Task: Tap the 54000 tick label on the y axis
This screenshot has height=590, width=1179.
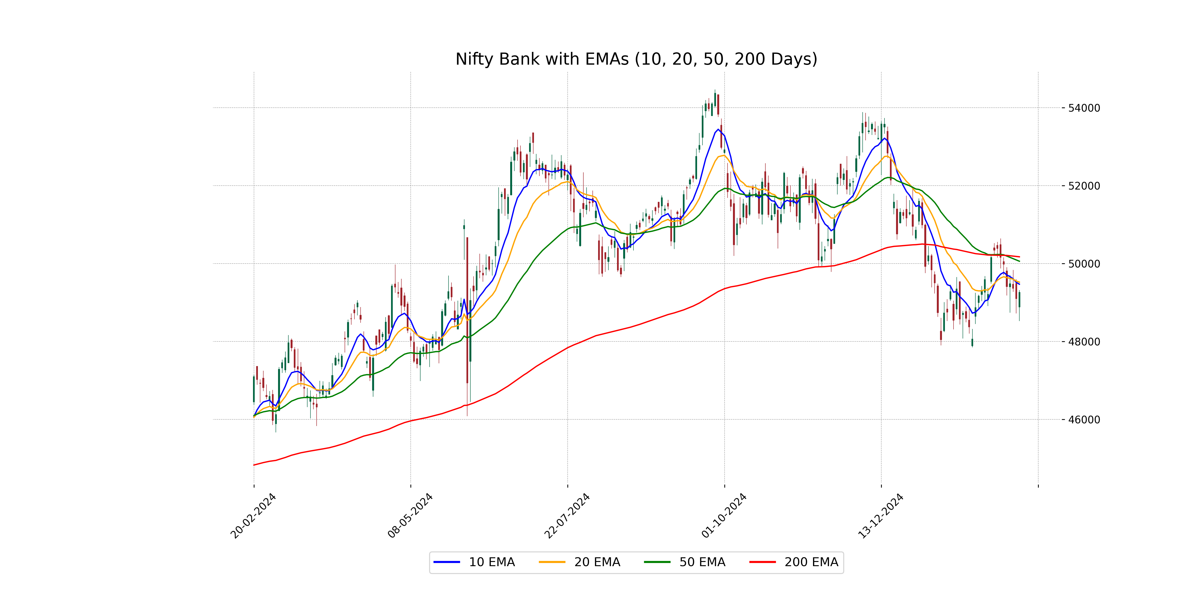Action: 1083,108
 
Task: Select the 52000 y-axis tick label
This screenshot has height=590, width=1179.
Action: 1083,186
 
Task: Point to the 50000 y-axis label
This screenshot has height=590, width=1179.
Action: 1083,264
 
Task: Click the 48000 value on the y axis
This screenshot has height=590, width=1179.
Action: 1083,342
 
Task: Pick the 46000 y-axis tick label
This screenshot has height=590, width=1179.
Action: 1083,420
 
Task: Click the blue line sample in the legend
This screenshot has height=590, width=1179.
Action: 447,562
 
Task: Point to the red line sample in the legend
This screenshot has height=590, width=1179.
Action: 762,562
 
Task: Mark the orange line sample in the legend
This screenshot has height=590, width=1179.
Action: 552,562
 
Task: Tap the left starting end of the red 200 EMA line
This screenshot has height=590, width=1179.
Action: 254,465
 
